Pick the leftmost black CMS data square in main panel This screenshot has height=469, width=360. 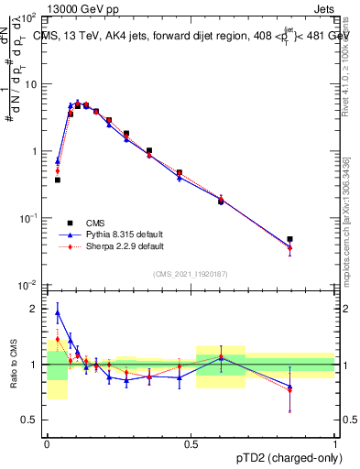(x=58, y=180)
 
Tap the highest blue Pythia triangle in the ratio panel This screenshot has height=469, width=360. (x=58, y=312)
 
